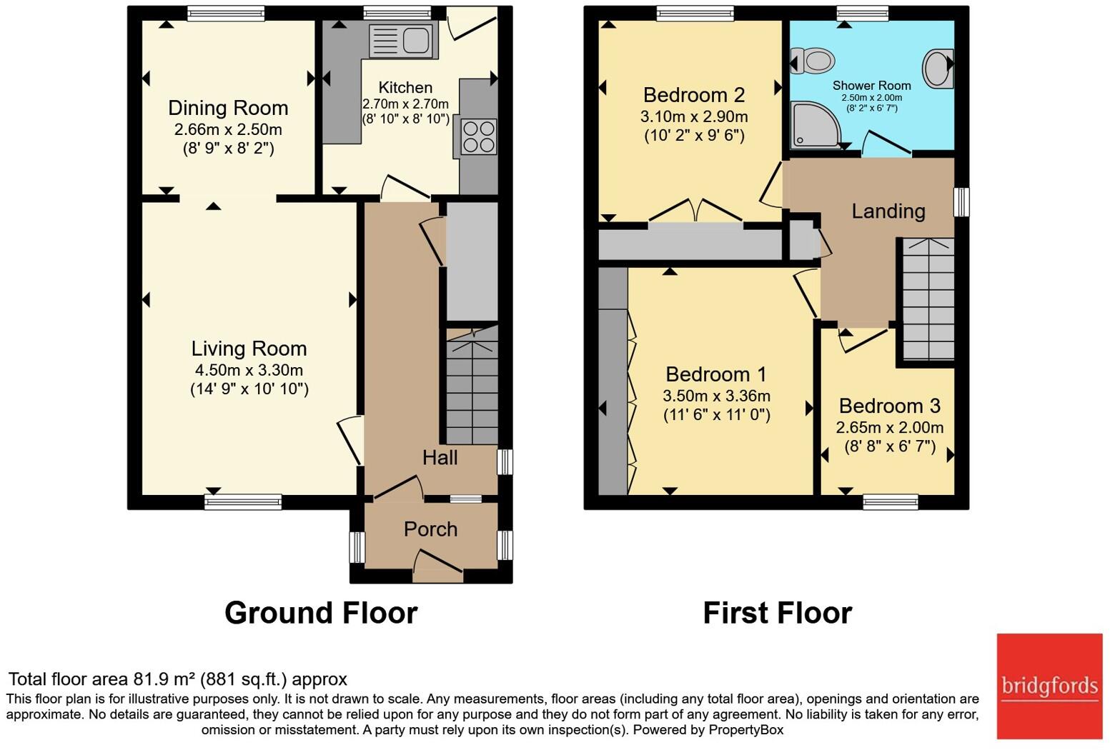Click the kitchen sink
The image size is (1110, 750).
tap(402, 40)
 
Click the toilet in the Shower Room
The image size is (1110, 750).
tap(811, 60)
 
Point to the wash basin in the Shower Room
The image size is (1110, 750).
tap(937, 68)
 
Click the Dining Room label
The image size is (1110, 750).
tap(228, 108)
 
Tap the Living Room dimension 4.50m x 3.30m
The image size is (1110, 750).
tap(249, 370)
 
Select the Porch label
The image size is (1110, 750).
tap(430, 529)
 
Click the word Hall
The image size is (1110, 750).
tap(440, 458)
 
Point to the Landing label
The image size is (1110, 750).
tap(888, 211)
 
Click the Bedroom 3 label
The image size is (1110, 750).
tap(889, 406)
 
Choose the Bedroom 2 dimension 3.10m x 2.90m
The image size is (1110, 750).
tap(694, 116)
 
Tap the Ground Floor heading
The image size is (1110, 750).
tap(321, 613)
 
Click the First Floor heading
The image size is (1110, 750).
tap(777, 613)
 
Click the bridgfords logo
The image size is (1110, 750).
tap(1049, 686)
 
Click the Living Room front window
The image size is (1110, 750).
tap(243, 501)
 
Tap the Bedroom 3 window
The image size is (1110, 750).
tap(890, 501)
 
